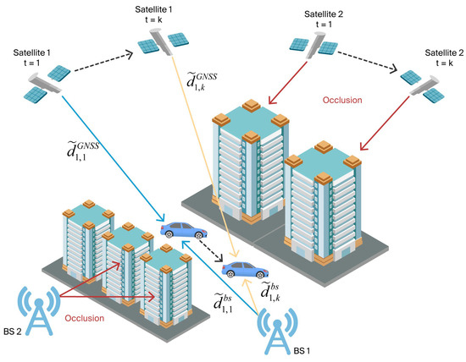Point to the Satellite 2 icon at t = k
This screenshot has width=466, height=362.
421,82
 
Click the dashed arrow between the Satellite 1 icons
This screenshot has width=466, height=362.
106,63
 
